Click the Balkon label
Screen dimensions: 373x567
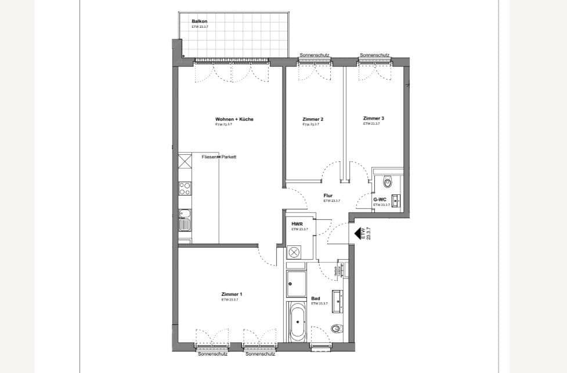point(199,21)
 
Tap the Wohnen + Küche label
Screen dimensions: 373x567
point(234,119)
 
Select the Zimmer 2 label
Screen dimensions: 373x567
point(313,119)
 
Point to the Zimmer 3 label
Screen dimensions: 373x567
point(374,118)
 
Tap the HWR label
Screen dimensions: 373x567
point(297,223)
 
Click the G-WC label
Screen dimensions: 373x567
point(380,200)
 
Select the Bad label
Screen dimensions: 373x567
point(316,299)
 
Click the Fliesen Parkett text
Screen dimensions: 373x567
point(219,157)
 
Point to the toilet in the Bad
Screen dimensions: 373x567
point(337,329)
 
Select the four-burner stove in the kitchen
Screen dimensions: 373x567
point(185,188)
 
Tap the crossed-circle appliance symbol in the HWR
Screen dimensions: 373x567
point(295,252)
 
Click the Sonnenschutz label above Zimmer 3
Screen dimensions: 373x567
point(374,55)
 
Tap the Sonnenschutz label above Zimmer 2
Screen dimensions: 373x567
point(315,55)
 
